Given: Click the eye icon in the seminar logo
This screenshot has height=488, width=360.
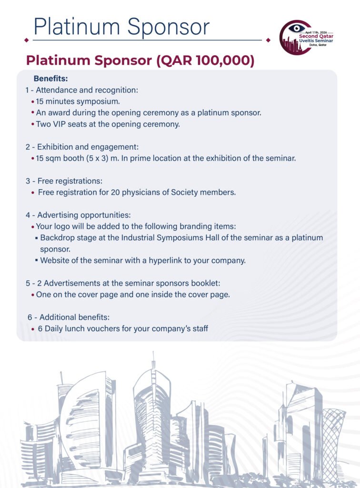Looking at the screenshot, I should [x=296, y=29].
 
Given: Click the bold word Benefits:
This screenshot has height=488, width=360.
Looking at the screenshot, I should [x=51, y=78].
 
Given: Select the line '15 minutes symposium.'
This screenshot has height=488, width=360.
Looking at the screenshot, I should [x=78, y=101].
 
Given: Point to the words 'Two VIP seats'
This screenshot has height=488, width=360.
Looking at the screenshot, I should [x=59, y=124].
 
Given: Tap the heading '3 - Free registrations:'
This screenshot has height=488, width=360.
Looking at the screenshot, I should [x=64, y=181].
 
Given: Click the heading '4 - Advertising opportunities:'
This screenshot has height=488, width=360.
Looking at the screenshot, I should [x=78, y=215].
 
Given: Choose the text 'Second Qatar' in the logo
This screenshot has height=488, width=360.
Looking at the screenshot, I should [x=315, y=36].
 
